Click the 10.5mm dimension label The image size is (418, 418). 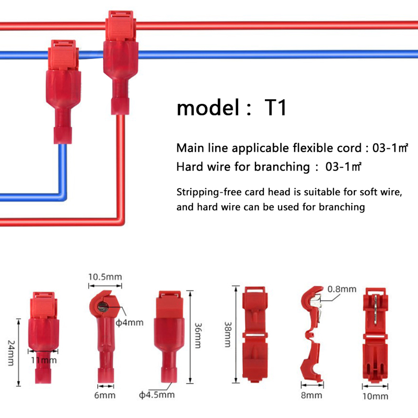pos(105,277)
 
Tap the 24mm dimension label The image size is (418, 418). pos(11,353)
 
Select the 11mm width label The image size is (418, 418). pos(44,361)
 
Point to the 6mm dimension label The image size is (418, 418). pos(105,395)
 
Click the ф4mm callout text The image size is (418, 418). pos(130,322)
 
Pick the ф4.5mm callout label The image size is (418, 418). pos(157,395)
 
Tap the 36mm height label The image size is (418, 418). pos(198,335)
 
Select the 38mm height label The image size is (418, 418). pos(228,334)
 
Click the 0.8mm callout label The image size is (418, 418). pos(342,289)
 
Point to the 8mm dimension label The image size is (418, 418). pos(311,396)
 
